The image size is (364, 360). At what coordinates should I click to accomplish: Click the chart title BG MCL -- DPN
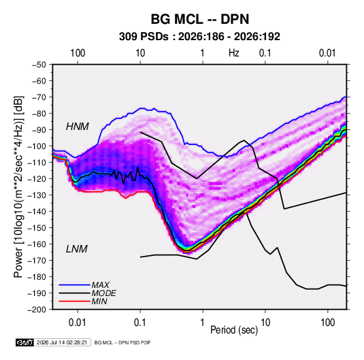[200, 19]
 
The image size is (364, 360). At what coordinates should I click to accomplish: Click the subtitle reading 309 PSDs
[144, 37]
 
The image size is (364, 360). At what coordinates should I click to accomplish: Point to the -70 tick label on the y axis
[39, 97]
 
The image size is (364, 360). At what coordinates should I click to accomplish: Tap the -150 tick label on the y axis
[37, 228]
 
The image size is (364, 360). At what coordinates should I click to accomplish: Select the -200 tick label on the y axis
[37, 310]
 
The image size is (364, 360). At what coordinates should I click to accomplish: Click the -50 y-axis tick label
[39, 65]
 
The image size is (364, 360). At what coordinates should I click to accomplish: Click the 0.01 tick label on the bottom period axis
[78, 323]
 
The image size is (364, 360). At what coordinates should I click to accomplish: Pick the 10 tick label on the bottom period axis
[265, 323]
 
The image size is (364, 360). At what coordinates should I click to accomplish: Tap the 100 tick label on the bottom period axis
[327, 323]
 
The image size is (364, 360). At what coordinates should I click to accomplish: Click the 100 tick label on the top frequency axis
[78, 53]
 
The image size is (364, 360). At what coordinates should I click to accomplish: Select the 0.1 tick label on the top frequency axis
[265, 53]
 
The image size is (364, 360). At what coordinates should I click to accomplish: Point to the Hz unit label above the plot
[234, 53]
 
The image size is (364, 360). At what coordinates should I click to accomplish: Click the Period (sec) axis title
[234, 330]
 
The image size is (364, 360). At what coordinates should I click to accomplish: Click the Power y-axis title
[18, 187]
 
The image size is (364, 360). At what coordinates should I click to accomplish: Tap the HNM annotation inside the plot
[78, 127]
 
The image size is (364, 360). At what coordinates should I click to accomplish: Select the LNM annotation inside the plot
[77, 249]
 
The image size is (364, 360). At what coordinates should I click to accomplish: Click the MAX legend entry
[100, 285]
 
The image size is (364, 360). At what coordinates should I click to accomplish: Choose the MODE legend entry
[103, 293]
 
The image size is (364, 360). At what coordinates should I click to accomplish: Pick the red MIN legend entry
[99, 301]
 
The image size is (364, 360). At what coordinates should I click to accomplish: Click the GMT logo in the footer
[25, 342]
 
